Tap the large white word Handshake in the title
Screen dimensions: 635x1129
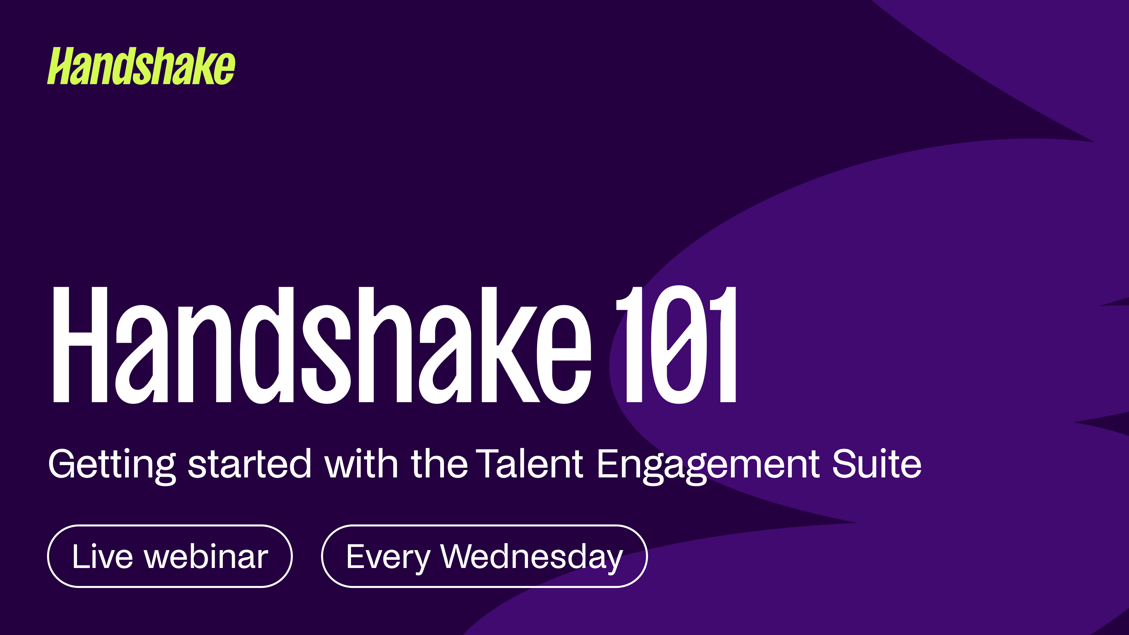(x=322, y=345)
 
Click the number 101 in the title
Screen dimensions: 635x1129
(x=677, y=345)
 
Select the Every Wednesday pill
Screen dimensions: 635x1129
(x=484, y=556)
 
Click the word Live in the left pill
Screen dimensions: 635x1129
(x=102, y=556)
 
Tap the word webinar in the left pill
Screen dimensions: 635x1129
(x=206, y=556)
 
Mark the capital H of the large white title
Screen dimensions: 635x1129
(x=80, y=345)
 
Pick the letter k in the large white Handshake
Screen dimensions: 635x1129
(x=511, y=345)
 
